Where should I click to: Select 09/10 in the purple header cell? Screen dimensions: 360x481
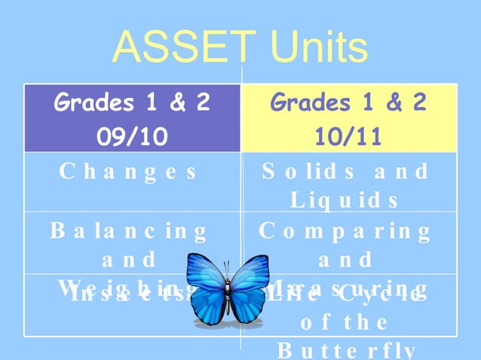[x=131, y=137]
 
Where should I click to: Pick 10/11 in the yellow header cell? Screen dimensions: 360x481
[x=348, y=137]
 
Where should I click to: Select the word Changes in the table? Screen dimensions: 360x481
[x=128, y=171]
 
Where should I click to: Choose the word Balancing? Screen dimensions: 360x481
[x=128, y=230]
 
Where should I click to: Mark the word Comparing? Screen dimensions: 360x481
[x=345, y=230]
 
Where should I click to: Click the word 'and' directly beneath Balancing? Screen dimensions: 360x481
[x=128, y=259]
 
